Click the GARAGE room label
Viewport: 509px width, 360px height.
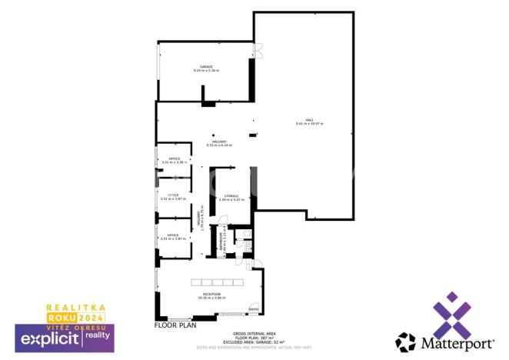click(206, 67)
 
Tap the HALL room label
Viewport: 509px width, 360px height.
click(309, 120)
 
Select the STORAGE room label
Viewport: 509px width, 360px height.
click(231, 196)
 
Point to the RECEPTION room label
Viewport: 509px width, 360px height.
click(211, 294)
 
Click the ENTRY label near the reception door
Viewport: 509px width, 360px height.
click(253, 310)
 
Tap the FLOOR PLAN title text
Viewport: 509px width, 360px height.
click(175, 325)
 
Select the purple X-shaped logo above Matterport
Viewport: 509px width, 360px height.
click(451, 314)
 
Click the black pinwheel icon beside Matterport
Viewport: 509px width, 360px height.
click(405, 342)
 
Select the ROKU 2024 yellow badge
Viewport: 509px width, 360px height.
click(76, 317)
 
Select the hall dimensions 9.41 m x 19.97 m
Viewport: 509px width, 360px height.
click(309, 124)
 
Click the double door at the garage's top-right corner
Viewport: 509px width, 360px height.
click(258, 51)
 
